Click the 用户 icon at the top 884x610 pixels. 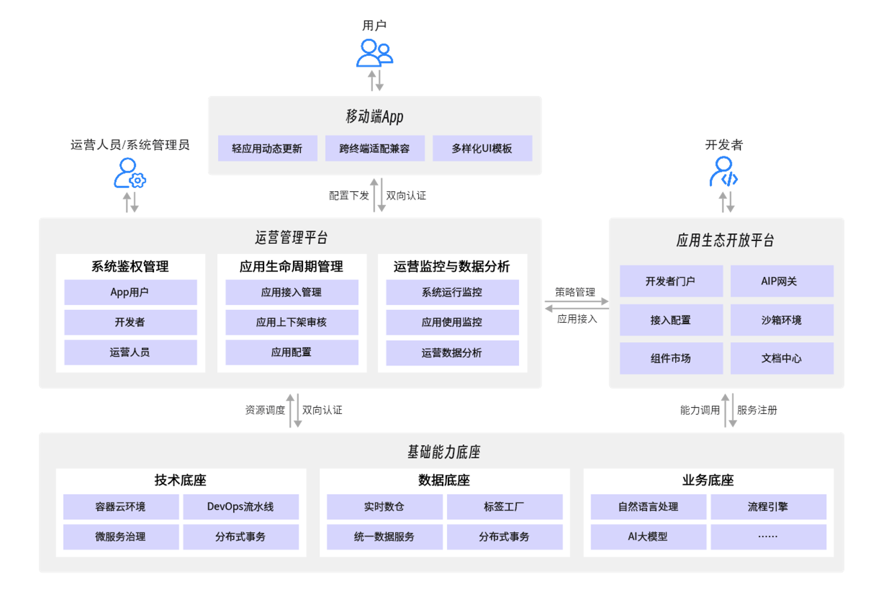tap(374, 54)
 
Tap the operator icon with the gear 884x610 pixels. tap(129, 174)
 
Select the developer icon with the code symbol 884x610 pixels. tap(723, 173)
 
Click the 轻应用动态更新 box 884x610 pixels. tap(267, 148)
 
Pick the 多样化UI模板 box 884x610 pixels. tap(482, 148)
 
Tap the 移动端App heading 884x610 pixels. tap(374, 116)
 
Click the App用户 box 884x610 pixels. tap(130, 292)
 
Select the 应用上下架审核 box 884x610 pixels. tap(292, 322)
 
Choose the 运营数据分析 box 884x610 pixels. tap(452, 353)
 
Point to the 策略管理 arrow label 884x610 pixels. tap(575, 292)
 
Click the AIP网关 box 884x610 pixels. tap(782, 281)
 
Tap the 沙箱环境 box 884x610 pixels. tap(782, 320)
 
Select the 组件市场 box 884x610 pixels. tap(671, 358)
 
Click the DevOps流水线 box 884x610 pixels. tap(241, 507)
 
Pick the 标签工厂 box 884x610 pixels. tap(505, 507)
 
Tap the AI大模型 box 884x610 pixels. tap(648, 536)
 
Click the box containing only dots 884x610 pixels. tap(768, 536)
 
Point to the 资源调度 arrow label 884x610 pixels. tap(265, 410)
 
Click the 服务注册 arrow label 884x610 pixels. tap(757, 410)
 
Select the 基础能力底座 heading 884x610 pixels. tap(444, 452)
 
